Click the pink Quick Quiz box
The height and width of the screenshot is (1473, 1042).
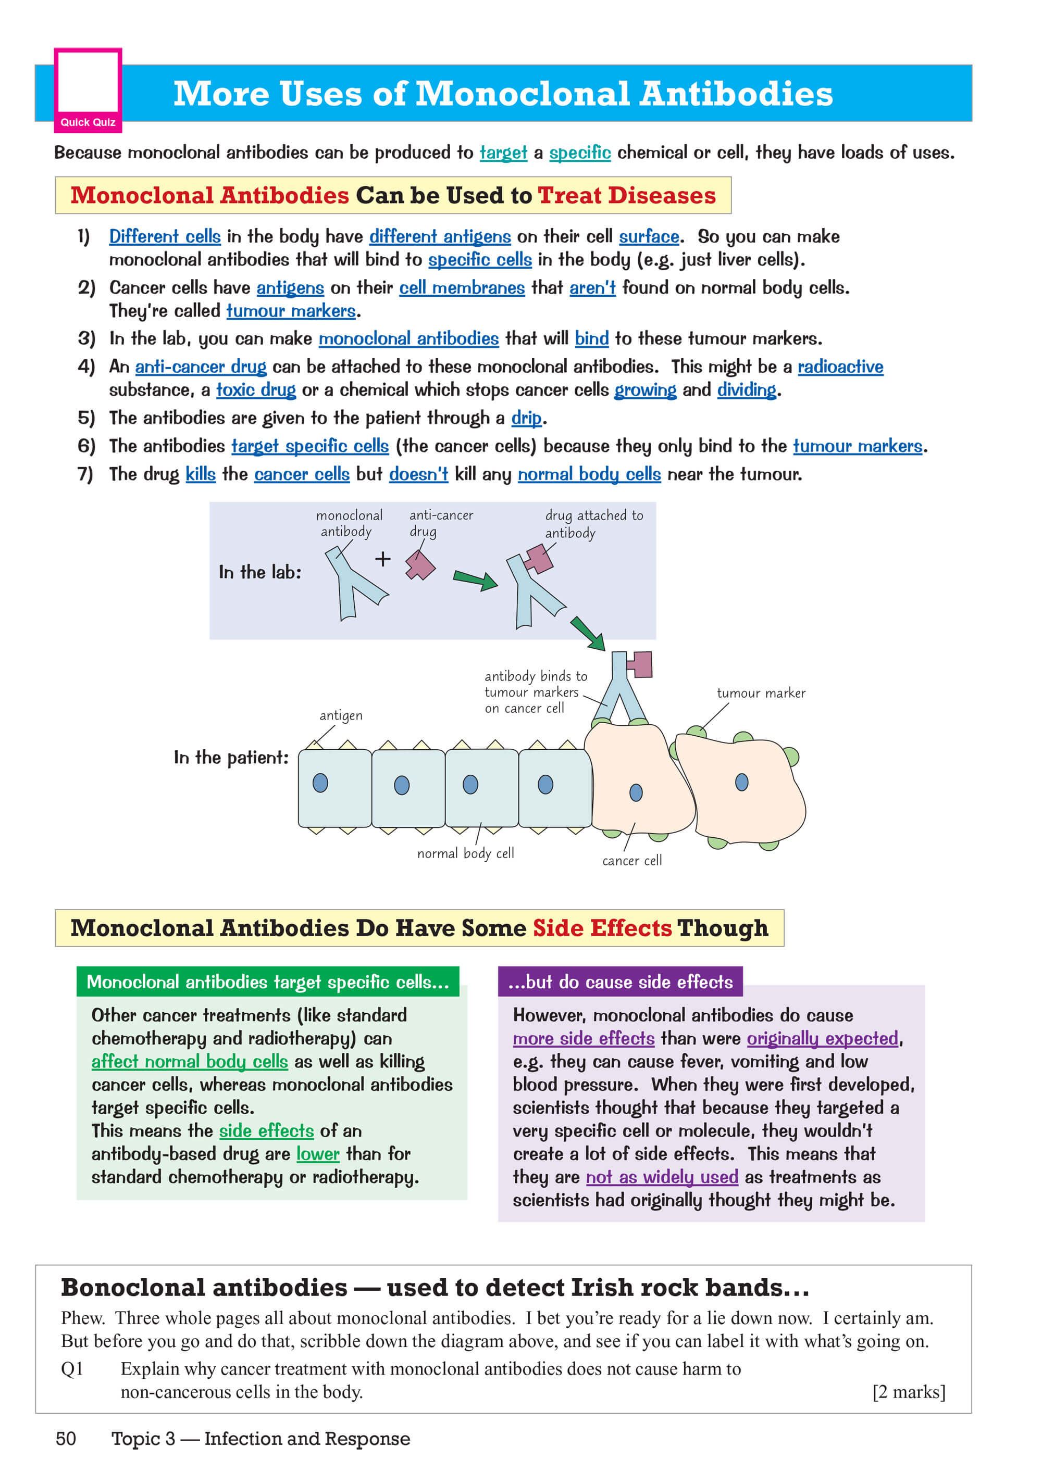pyautogui.click(x=88, y=90)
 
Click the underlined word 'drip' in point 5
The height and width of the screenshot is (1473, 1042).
pyautogui.click(x=526, y=418)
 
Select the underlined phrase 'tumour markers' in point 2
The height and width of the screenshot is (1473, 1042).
pyautogui.click(x=291, y=311)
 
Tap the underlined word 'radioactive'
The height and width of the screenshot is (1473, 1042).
pyautogui.click(x=840, y=367)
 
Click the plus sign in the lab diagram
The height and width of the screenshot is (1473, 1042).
pyautogui.click(x=382, y=559)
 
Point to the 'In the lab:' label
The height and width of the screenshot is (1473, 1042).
pyautogui.click(x=260, y=572)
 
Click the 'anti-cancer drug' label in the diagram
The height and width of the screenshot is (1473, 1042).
pyautogui.click(x=441, y=523)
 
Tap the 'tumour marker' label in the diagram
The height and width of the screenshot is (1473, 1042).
pyautogui.click(x=761, y=693)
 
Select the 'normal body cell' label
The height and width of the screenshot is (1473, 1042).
pyautogui.click(x=465, y=853)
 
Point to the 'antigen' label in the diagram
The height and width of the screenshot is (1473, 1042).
pyautogui.click(x=341, y=715)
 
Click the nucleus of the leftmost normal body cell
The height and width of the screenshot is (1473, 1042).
pyautogui.click(x=320, y=783)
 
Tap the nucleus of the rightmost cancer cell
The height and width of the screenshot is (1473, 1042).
pyautogui.click(x=741, y=782)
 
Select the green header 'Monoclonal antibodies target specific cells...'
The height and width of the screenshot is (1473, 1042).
pyautogui.click(x=268, y=981)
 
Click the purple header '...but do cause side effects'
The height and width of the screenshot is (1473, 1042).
pyautogui.click(x=620, y=981)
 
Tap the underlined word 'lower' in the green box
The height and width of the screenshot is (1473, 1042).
pyautogui.click(x=318, y=1154)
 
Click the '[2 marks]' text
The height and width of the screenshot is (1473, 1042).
pyautogui.click(x=909, y=1392)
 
